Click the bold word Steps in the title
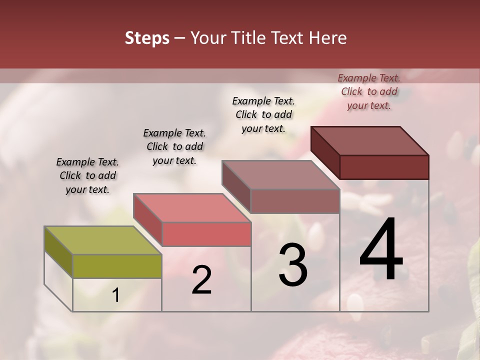(x=147, y=38)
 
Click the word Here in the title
(x=328, y=38)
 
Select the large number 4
(x=381, y=250)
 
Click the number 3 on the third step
(x=293, y=265)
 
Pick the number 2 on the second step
(x=201, y=280)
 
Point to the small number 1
(x=116, y=295)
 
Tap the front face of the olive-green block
(x=117, y=266)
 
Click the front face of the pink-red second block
(x=206, y=234)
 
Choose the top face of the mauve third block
(x=280, y=175)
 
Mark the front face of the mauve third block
(x=295, y=201)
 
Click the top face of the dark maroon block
(x=369, y=140)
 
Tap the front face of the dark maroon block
(x=384, y=167)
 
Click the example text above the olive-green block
(x=87, y=175)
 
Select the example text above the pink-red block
(x=174, y=146)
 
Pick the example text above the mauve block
(x=263, y=114)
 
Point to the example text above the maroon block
(x=369, y=91)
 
